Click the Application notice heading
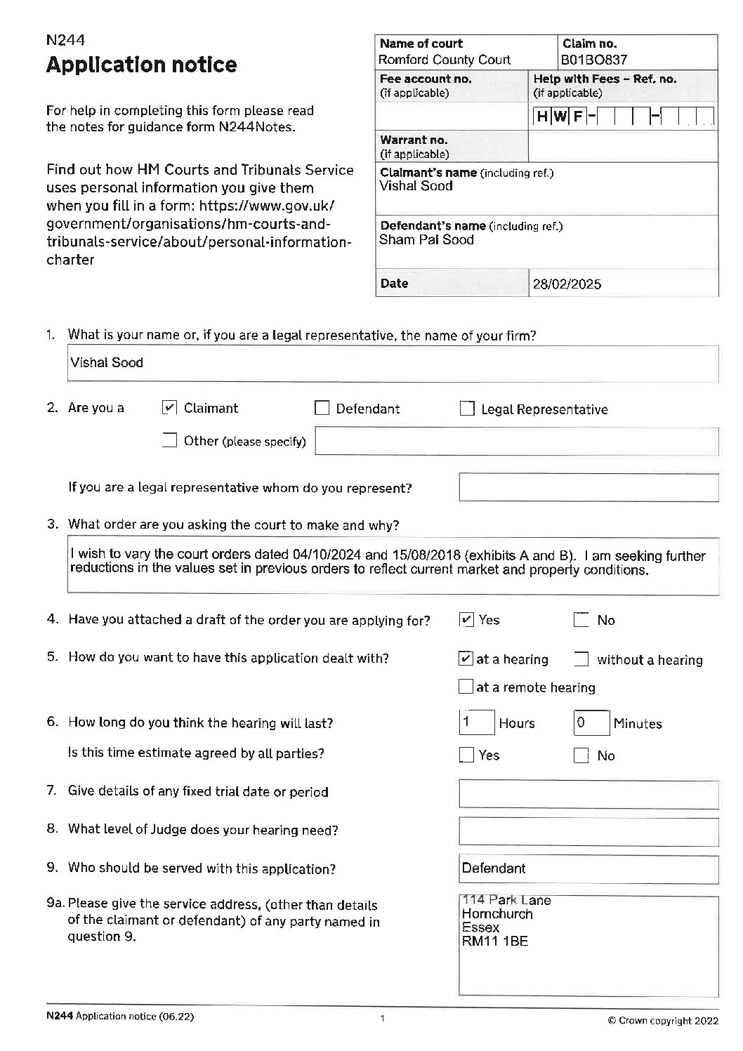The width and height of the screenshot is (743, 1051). (x=141, y=65)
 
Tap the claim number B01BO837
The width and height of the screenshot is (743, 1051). (x=593, y=60)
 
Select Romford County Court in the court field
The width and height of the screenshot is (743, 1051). (x=445, y=60)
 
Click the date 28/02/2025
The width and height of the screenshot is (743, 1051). (x=567, y=284)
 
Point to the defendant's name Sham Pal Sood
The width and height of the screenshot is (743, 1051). (x=426, y=239)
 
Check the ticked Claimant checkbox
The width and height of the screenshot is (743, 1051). (x=169, y=408)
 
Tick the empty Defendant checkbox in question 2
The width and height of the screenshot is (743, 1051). (x=322, y=409)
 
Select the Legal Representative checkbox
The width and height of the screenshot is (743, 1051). (x=467, y=409)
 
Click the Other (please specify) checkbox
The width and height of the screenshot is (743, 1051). (x=169, y=441)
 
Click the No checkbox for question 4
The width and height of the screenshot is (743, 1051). (x=581, y=620)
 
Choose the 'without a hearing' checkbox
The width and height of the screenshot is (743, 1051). (x=581, y=659)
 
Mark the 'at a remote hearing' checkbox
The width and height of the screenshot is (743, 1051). (x=465, y=687)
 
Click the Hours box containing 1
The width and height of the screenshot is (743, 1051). (x=476, y=722)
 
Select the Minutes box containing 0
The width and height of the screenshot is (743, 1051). (x=591, y=722)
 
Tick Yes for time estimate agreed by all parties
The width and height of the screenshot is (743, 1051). (x=466, y=755)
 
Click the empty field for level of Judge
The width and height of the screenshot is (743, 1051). (x=588, y=831)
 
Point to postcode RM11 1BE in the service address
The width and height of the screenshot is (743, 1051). (x=494, y=941)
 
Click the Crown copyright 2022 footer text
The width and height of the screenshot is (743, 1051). (x=662, y=1021)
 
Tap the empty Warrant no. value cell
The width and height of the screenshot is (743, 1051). (x=623, y=147)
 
